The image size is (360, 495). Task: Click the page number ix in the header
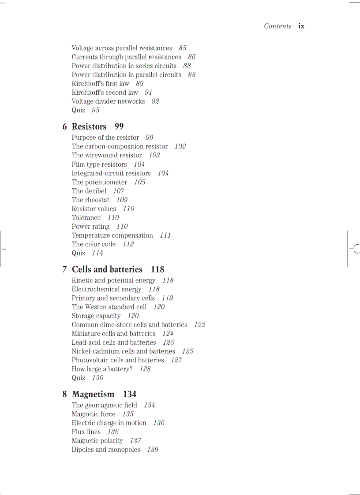point(301,26)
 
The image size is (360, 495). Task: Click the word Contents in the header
point(277,26)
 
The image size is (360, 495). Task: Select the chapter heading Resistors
point(89,127)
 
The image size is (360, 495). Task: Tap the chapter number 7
point(65,269)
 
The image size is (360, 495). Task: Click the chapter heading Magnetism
point(93,394)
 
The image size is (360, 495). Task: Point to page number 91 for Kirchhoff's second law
point(149,93)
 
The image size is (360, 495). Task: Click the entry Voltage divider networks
point(108,101)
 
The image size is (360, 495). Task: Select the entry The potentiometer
point(99,182)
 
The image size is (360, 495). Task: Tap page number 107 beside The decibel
point(119,191)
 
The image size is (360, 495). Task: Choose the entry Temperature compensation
point(112,235)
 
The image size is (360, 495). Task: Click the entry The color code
point(94,244)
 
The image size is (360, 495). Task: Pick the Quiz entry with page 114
point(79,253)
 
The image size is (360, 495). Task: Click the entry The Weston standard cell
point(109,307)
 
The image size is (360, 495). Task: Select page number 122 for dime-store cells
point(200,324)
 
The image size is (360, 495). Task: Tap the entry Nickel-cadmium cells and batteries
point(123,351)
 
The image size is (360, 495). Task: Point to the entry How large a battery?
point(102,369)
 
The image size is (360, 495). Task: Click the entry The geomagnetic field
point(104,405)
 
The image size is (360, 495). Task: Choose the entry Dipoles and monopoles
point(106,450)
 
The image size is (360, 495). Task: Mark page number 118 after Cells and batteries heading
point(157,269)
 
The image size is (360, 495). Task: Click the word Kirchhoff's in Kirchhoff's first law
point(87,84)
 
